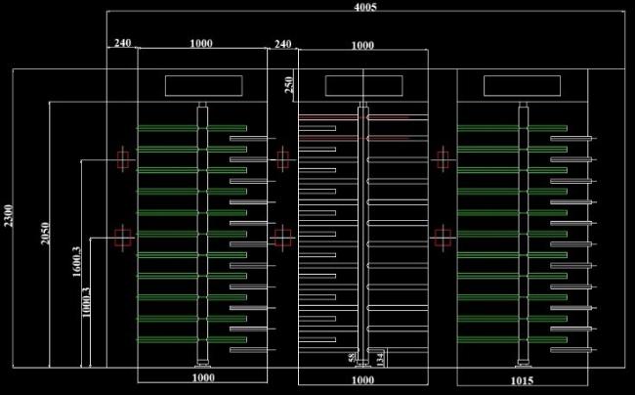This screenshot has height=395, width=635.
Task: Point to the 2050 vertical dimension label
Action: coord(44,235)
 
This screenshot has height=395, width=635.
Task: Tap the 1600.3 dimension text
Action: coord(76,262)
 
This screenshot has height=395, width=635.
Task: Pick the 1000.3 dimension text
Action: coord(87,301)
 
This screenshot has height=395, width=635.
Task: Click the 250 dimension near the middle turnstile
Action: coord(289,86)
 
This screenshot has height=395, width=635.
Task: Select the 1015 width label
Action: coord(523,379)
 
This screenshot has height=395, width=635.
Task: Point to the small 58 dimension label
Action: coord(353,358)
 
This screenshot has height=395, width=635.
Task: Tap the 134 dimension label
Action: coord(381,358)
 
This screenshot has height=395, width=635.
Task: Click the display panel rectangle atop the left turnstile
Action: coord(202,86)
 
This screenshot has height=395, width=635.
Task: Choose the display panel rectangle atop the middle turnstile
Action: coord(362,86)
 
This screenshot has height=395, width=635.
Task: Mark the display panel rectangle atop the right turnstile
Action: coord(523,86)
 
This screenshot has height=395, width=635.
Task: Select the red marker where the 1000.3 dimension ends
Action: coord(122,236)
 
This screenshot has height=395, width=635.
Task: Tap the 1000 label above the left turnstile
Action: coord(201,43)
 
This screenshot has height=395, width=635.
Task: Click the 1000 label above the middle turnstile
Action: coord(362,45)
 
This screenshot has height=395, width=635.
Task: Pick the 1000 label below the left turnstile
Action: coord(202,378)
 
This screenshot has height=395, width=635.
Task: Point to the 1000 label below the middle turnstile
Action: coord(362,379)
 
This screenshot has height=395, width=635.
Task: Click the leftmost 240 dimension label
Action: coord(122,43)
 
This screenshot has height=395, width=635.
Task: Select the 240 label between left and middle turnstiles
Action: coord(282,43)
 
